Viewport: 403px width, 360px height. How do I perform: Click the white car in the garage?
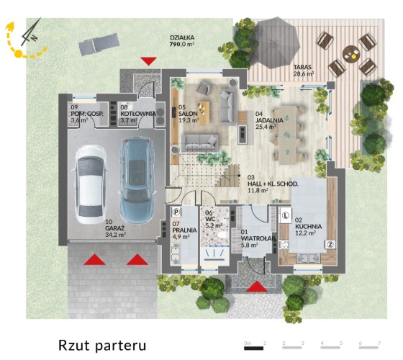coord(90,184)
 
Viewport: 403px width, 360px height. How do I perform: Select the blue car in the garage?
coord(137,180)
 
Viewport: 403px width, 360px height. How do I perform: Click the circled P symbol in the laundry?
coord(176,212)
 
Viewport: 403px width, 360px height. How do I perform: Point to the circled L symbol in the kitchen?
coord(286,215)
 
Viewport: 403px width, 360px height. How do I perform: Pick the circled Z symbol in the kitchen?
coord(330,244)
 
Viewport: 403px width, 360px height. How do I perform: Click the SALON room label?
coord(188,114)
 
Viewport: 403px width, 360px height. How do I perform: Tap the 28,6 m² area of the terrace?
coord(304,73)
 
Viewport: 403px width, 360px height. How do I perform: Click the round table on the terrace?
coord(352,54)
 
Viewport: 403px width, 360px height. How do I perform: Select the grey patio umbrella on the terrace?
coord(274,43)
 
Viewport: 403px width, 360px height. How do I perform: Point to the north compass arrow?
coord(31,32)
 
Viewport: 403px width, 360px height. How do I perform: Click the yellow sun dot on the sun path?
coord(19,53)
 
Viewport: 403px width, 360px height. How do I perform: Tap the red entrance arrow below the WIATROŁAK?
coord(257,287)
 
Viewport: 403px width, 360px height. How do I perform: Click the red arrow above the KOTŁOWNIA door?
coord(148,61)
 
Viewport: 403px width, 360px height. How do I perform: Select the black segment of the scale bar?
coord(253,348)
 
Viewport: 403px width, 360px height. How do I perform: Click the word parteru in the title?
coord(120,346)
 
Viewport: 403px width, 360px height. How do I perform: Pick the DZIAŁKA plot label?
coord(182,37)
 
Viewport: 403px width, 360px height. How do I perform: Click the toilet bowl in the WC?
coord(222,235)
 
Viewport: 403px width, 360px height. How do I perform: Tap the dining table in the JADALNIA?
coord(288,135)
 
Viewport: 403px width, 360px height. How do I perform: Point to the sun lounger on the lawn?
coord(99,43)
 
